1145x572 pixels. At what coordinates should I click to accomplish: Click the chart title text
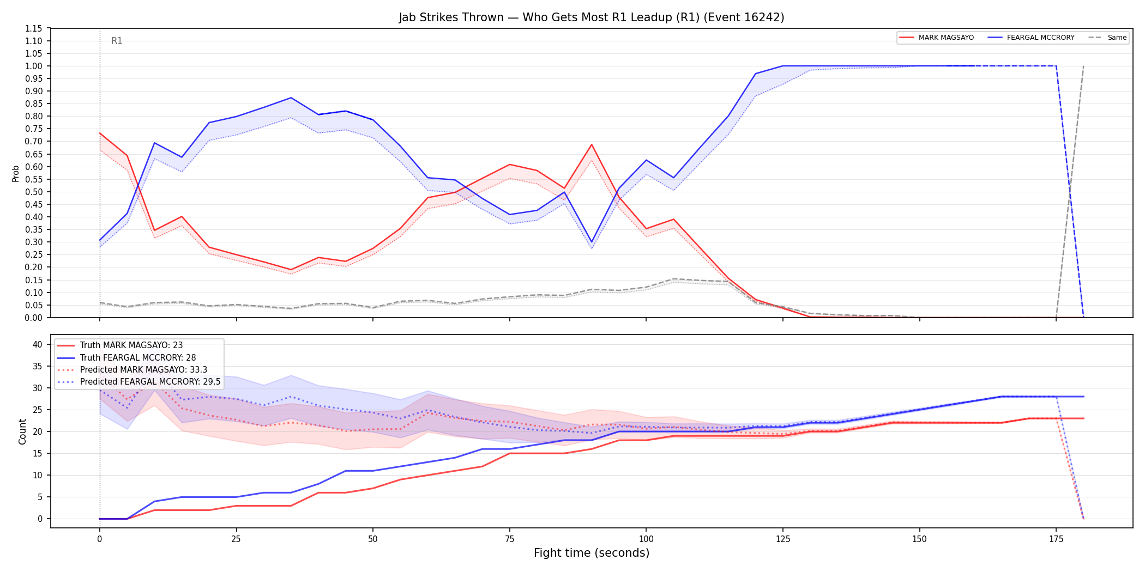point(592,17)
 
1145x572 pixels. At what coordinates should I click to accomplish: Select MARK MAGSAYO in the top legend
point(946,38)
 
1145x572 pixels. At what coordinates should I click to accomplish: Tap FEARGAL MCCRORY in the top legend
point(1040,38)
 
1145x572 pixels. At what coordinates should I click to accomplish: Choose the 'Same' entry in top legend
point(1117,38)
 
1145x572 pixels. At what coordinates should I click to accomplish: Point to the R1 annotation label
point(117,41)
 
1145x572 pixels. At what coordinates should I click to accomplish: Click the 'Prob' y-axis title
point(16,173)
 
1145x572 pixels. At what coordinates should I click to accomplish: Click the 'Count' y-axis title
point(22,431)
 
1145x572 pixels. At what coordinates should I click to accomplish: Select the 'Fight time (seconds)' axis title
point(592,553)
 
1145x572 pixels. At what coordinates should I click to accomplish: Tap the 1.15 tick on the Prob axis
point(33,28)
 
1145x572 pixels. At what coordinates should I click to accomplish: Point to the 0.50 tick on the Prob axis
point(33,192)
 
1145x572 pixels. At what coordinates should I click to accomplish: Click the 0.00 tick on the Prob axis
point(33,318)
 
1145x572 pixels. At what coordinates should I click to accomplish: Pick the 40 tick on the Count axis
point(38,344)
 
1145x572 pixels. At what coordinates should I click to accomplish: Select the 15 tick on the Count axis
point(38,453)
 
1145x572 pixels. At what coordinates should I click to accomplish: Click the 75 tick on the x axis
point(510,539)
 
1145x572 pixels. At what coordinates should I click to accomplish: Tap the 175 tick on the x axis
point(1056,539)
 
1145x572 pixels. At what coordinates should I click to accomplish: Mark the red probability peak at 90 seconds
point(592,144)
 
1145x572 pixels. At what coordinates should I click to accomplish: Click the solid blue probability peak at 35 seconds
point(291,98)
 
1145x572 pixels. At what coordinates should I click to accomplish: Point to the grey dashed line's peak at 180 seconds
point(1083,66)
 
